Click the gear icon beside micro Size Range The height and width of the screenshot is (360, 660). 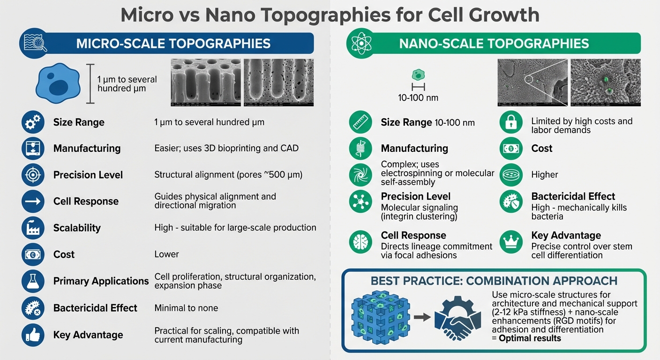33,122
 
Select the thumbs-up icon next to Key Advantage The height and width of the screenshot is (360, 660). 33,335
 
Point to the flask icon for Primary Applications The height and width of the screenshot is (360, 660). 33,281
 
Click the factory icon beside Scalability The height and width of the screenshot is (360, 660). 33,228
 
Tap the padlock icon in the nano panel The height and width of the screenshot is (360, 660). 511,122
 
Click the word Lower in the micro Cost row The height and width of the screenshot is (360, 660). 166,255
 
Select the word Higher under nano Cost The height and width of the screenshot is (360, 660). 544,175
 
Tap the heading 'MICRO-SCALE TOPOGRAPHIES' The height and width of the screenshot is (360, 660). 173,44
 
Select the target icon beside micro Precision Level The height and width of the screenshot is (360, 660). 33,175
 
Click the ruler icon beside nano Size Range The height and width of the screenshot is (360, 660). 360,122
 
